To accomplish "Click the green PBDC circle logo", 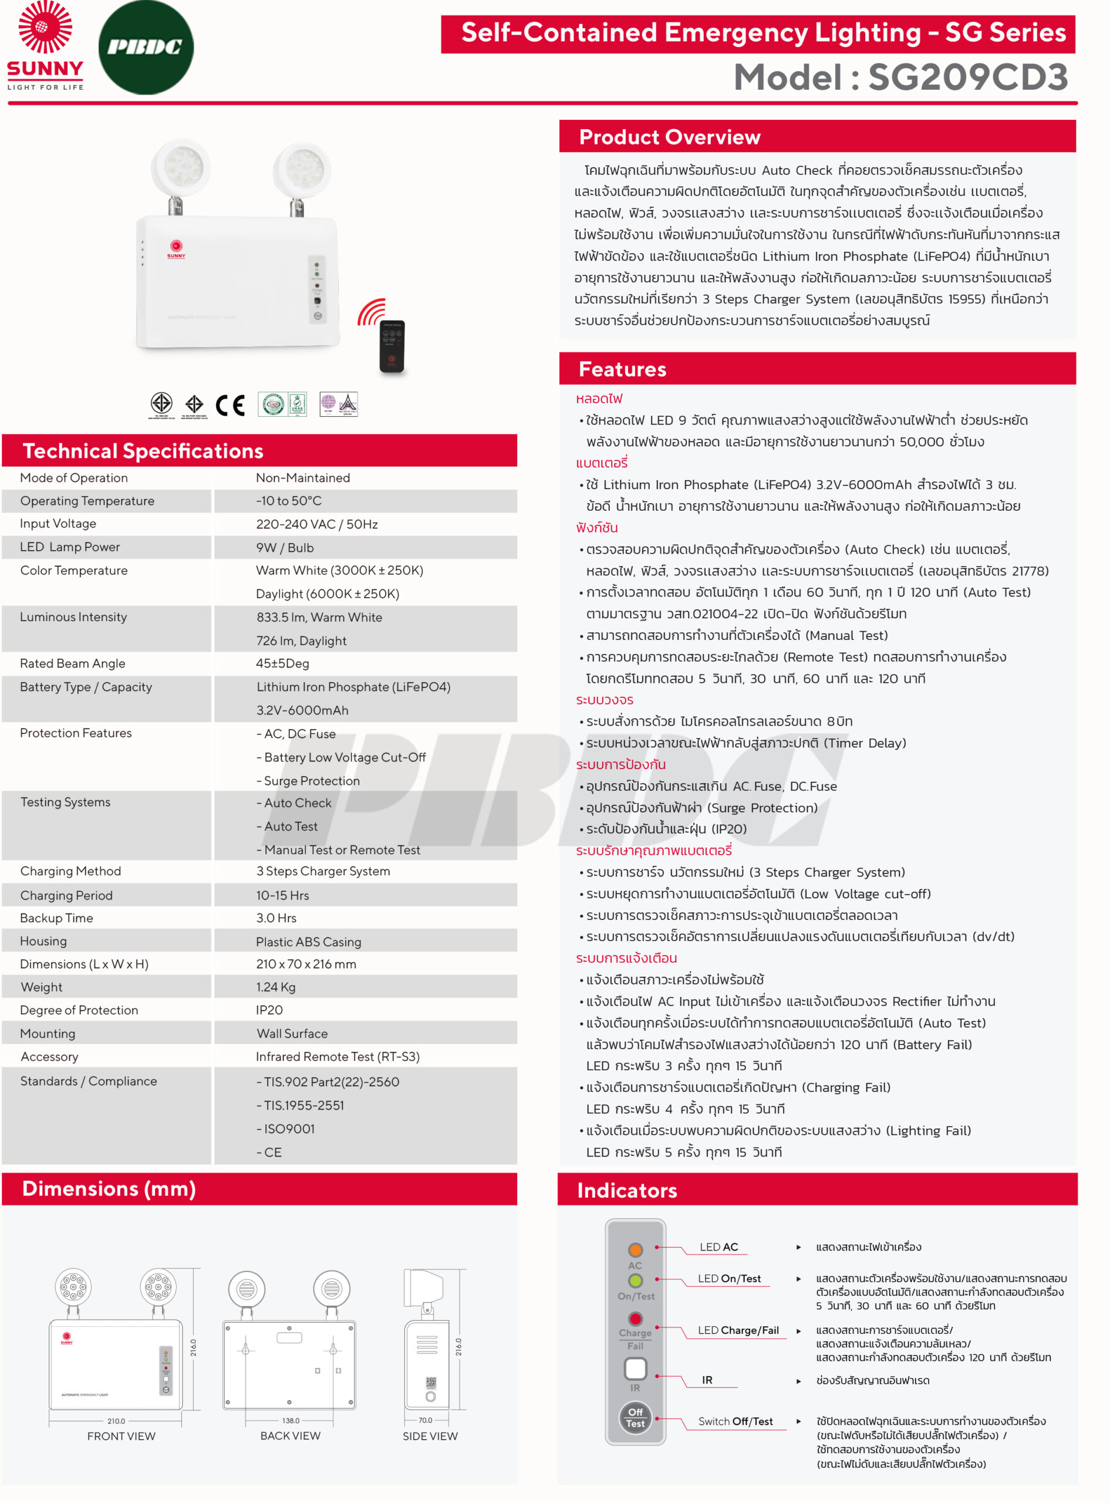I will pos(146,47).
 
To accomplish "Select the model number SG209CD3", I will pos(967,77).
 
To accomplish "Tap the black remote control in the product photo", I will pos(392,345).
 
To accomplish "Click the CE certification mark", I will pos(230,405).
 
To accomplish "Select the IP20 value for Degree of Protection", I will pos(269,1010).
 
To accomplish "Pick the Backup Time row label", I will pos(56,918).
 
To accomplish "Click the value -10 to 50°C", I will pos(288,501).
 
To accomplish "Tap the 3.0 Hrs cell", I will pos(275,918).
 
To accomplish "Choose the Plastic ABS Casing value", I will pos(308,941).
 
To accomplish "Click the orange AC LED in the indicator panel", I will pos(635,1250).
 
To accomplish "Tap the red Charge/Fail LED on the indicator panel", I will pos(635,1318).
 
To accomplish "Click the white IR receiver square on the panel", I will pos(635,1368).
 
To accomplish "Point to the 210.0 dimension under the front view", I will pos(116,1421).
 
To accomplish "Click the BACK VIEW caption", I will pos(290,1436).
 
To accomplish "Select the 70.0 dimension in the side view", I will pos(426,1420).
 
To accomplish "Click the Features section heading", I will pos(622,369).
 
